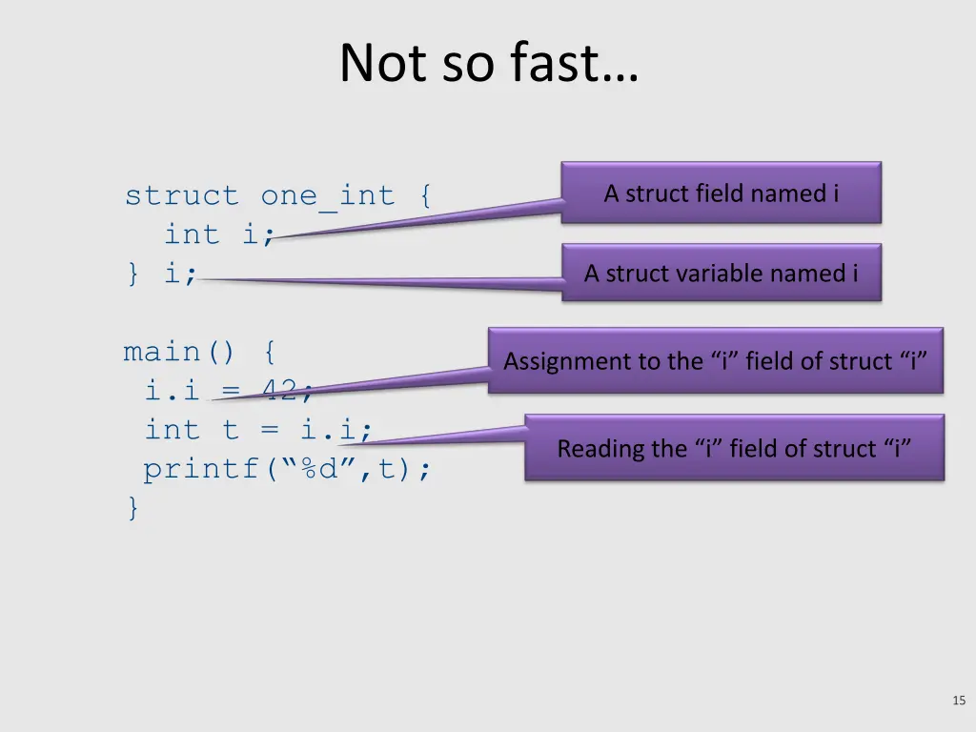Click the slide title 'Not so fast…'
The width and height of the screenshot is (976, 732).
coord(488,64)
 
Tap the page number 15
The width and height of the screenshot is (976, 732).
coord(959,701)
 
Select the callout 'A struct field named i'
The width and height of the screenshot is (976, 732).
coord(721,193)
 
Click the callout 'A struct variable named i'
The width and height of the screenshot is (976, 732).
coord(721,274)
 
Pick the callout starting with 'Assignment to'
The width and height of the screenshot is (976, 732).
coord(715,361)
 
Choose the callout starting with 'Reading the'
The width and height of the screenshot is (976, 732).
coord(734,448)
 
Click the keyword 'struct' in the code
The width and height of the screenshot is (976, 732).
coord(182,195)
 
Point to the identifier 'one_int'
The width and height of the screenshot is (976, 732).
coord(328,195)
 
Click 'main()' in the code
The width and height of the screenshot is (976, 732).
coord(179,353)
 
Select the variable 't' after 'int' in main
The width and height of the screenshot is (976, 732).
coord(230,430)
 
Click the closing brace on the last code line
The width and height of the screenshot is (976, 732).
coord(132,508)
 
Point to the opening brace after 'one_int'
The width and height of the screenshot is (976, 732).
coord(423,195)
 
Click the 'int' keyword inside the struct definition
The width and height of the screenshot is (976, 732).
coord(192,234)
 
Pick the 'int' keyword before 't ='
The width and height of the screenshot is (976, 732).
coord(173,430)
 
